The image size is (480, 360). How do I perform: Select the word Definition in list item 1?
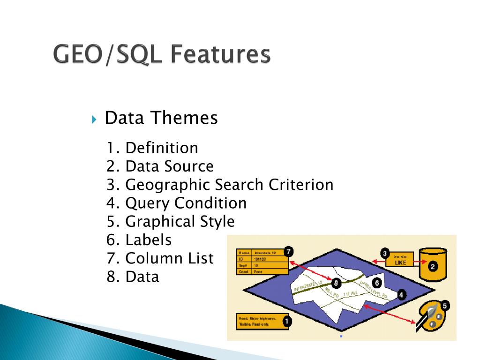pos(162,148)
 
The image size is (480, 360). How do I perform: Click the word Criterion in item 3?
pos(301,185)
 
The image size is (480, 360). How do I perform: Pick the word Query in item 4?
pos(148,203)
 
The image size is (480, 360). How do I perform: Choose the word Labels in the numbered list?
pos(149,240)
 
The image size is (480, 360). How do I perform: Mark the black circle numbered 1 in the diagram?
pos(287,321)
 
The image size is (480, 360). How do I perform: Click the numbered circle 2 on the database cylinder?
pos(433,267)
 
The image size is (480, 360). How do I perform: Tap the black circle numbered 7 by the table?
pos(289,252)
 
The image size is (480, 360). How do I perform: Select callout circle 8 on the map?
pos(336,283)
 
